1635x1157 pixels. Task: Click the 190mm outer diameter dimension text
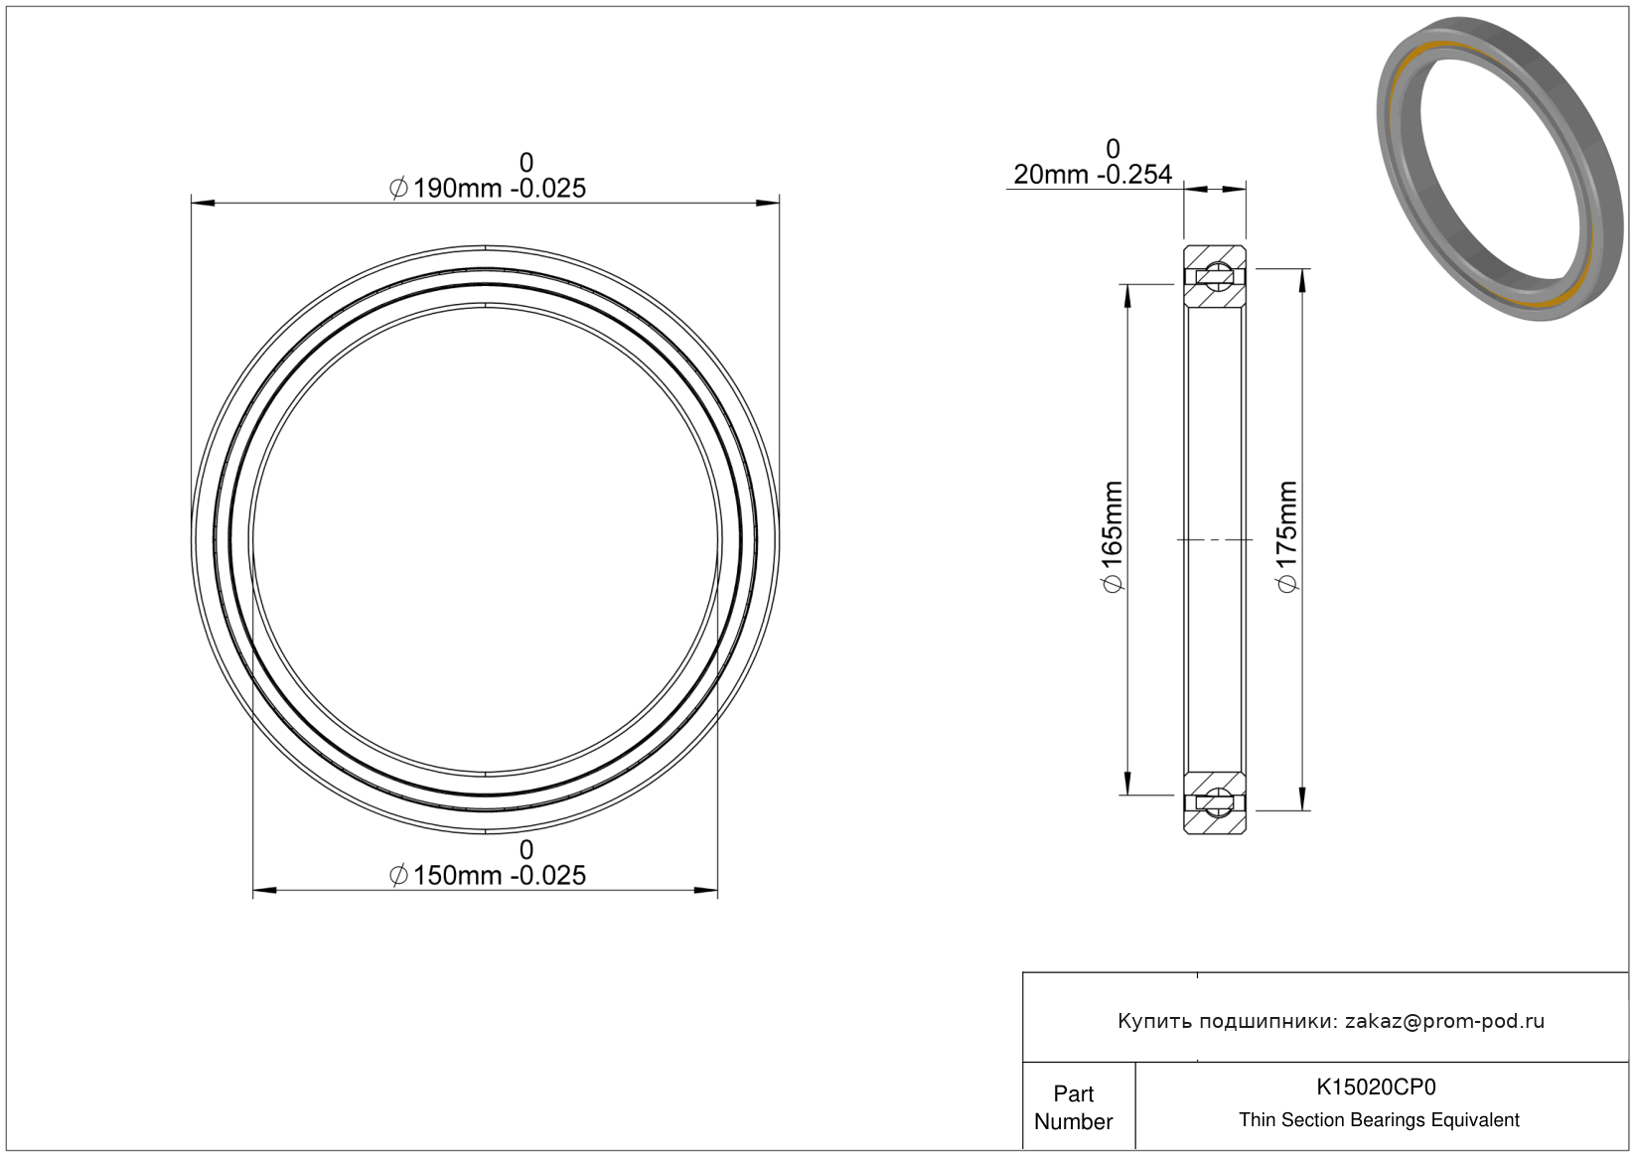(x=488, y=189)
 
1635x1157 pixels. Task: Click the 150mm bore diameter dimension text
(x=488, y=875)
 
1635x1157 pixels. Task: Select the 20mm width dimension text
(x=1093, y=175)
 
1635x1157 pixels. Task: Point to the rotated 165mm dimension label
(x=1112, y=536)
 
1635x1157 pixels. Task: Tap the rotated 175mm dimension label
(x=1286, y=536)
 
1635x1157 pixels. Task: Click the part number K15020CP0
(x=1376, y=1086)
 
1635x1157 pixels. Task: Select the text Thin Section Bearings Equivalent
(x=1379, y=1119)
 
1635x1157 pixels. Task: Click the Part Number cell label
(x=1074, y=1106)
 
